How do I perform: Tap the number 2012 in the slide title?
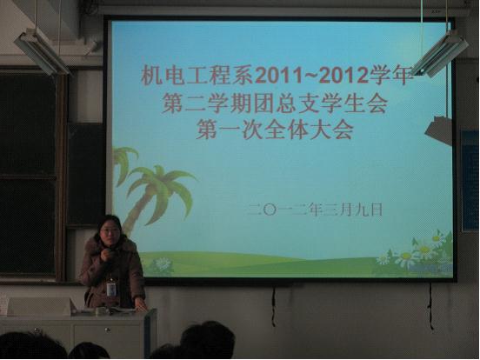344,76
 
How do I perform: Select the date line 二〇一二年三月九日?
316,210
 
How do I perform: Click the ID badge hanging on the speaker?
110,289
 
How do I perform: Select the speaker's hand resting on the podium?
141,305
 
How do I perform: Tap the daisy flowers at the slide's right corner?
419,252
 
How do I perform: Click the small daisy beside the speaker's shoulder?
163,263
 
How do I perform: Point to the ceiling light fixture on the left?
42,51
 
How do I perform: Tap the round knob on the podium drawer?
107,330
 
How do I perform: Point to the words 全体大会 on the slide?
310,130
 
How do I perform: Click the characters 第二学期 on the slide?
207,103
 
